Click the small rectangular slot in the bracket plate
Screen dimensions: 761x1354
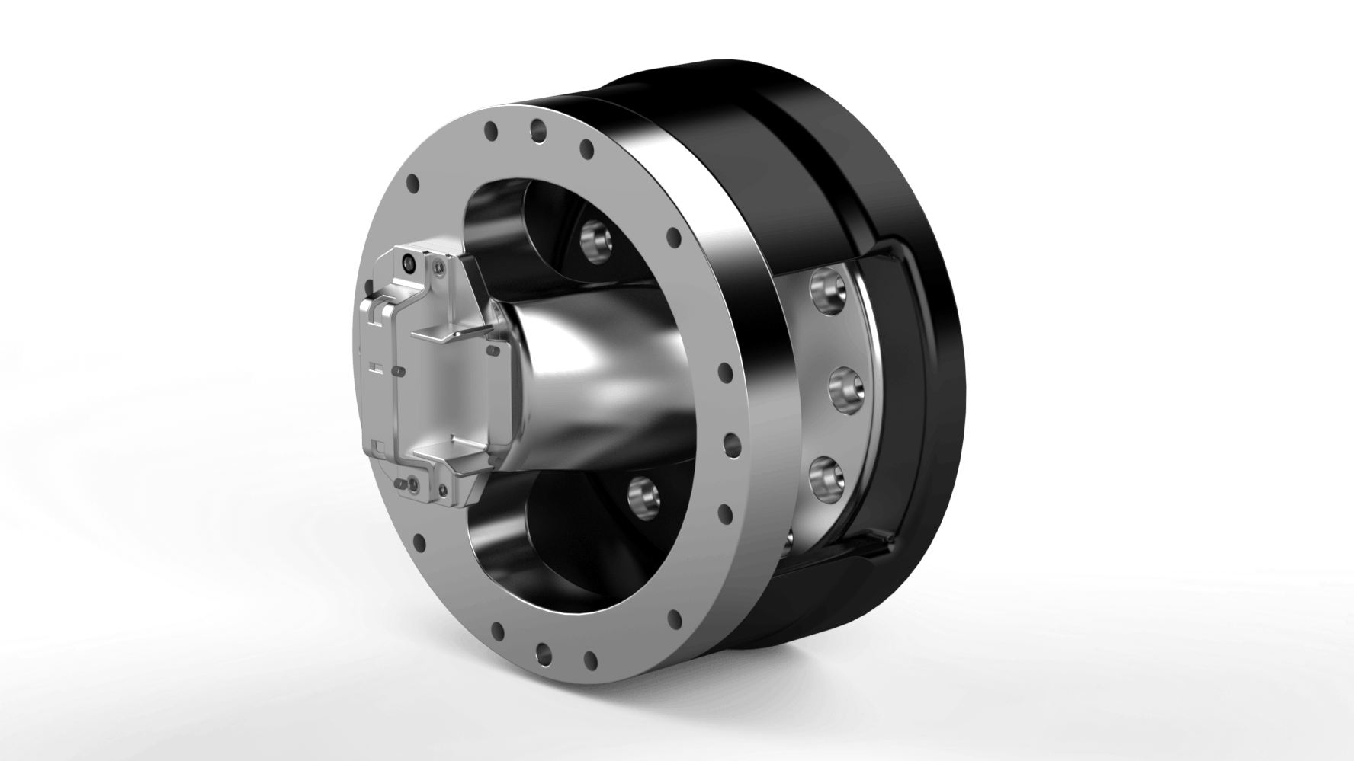click(374, 367)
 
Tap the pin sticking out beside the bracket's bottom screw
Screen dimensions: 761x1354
click(399, 484)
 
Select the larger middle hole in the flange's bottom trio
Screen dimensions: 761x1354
click(544, 651)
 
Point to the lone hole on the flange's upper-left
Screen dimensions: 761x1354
click(414, 185)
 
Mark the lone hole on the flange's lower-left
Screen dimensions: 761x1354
click(419, 542)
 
